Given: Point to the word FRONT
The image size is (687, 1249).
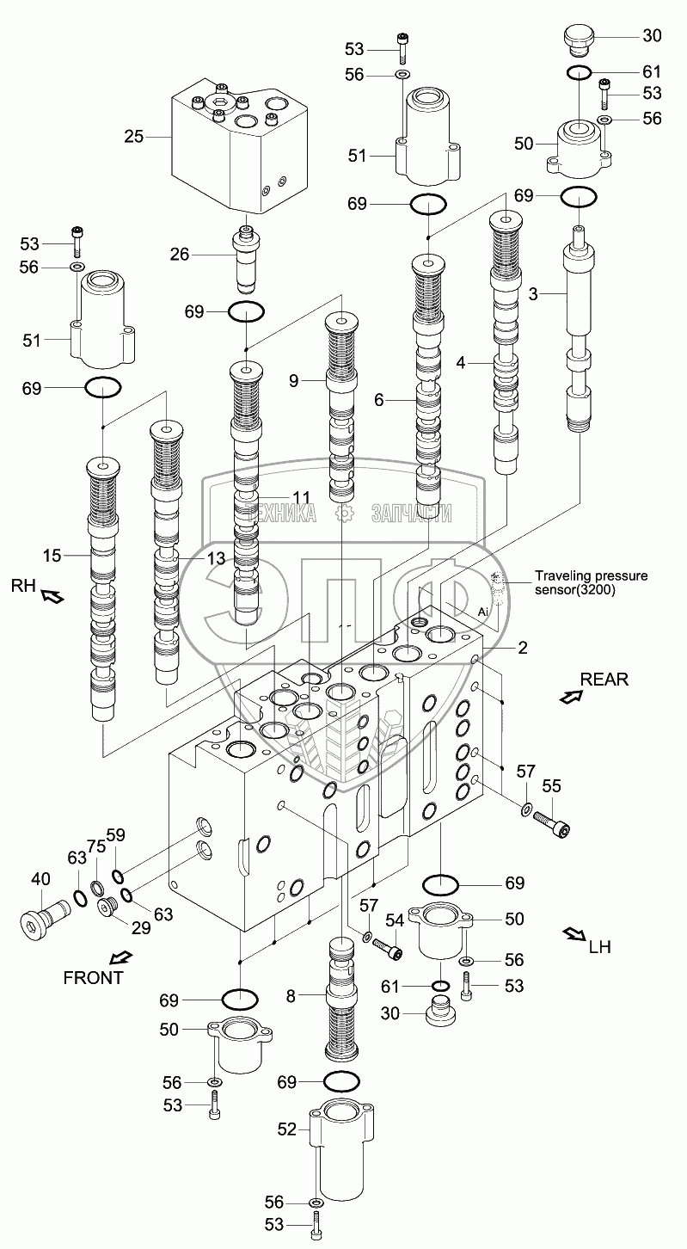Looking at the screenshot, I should click(93, 976).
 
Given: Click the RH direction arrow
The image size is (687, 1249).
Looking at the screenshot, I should click(52, 595).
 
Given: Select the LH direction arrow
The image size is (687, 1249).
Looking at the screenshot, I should click(572, 933).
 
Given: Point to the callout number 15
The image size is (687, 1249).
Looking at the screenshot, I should click(52, 556).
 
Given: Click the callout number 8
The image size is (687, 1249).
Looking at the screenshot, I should click(291, 996).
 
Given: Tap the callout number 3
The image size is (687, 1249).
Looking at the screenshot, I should click(533, 294).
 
